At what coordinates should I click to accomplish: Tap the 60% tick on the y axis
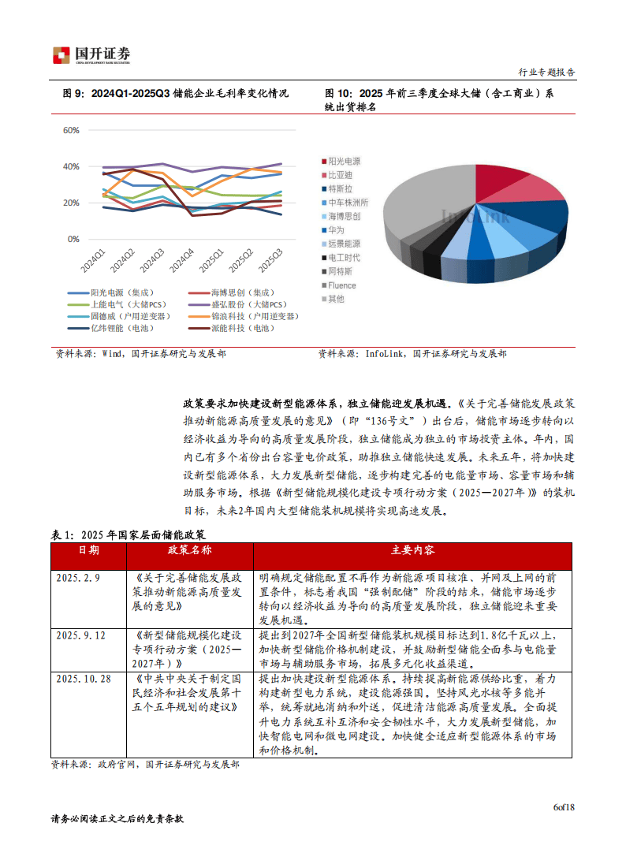(71, 130)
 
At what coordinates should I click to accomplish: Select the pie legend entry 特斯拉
(340, 188)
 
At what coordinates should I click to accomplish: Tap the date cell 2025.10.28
(83, 679)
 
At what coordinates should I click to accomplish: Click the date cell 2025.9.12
(80, 635)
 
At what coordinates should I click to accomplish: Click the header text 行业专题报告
(546, 72)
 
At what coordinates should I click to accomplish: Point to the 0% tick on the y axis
(73, 239)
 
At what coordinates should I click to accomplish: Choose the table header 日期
(88, 549)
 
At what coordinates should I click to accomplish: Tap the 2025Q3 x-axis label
(270, 259)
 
